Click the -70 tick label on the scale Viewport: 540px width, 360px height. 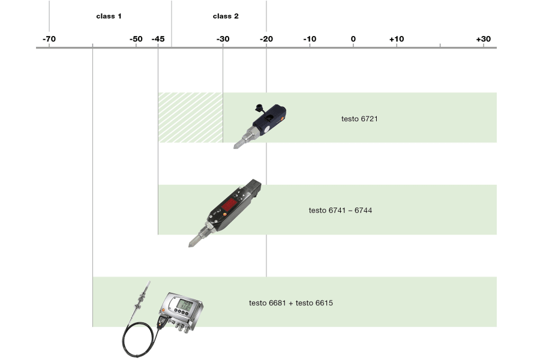49,39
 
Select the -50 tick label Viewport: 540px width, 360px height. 136,39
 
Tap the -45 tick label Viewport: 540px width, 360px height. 158,39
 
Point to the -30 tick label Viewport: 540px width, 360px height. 223,39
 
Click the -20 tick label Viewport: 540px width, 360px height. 266,39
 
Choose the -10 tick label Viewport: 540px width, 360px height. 310,39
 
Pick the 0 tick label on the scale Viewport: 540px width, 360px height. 353,39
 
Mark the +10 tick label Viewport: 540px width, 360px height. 397,39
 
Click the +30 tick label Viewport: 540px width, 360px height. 483,39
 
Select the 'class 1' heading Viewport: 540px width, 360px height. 109,16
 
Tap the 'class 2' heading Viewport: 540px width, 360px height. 226,16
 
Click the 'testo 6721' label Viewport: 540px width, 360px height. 359,119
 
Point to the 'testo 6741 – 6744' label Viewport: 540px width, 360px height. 340,211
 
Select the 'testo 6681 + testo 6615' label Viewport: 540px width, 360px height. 291,303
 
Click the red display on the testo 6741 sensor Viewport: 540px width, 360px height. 229,208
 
